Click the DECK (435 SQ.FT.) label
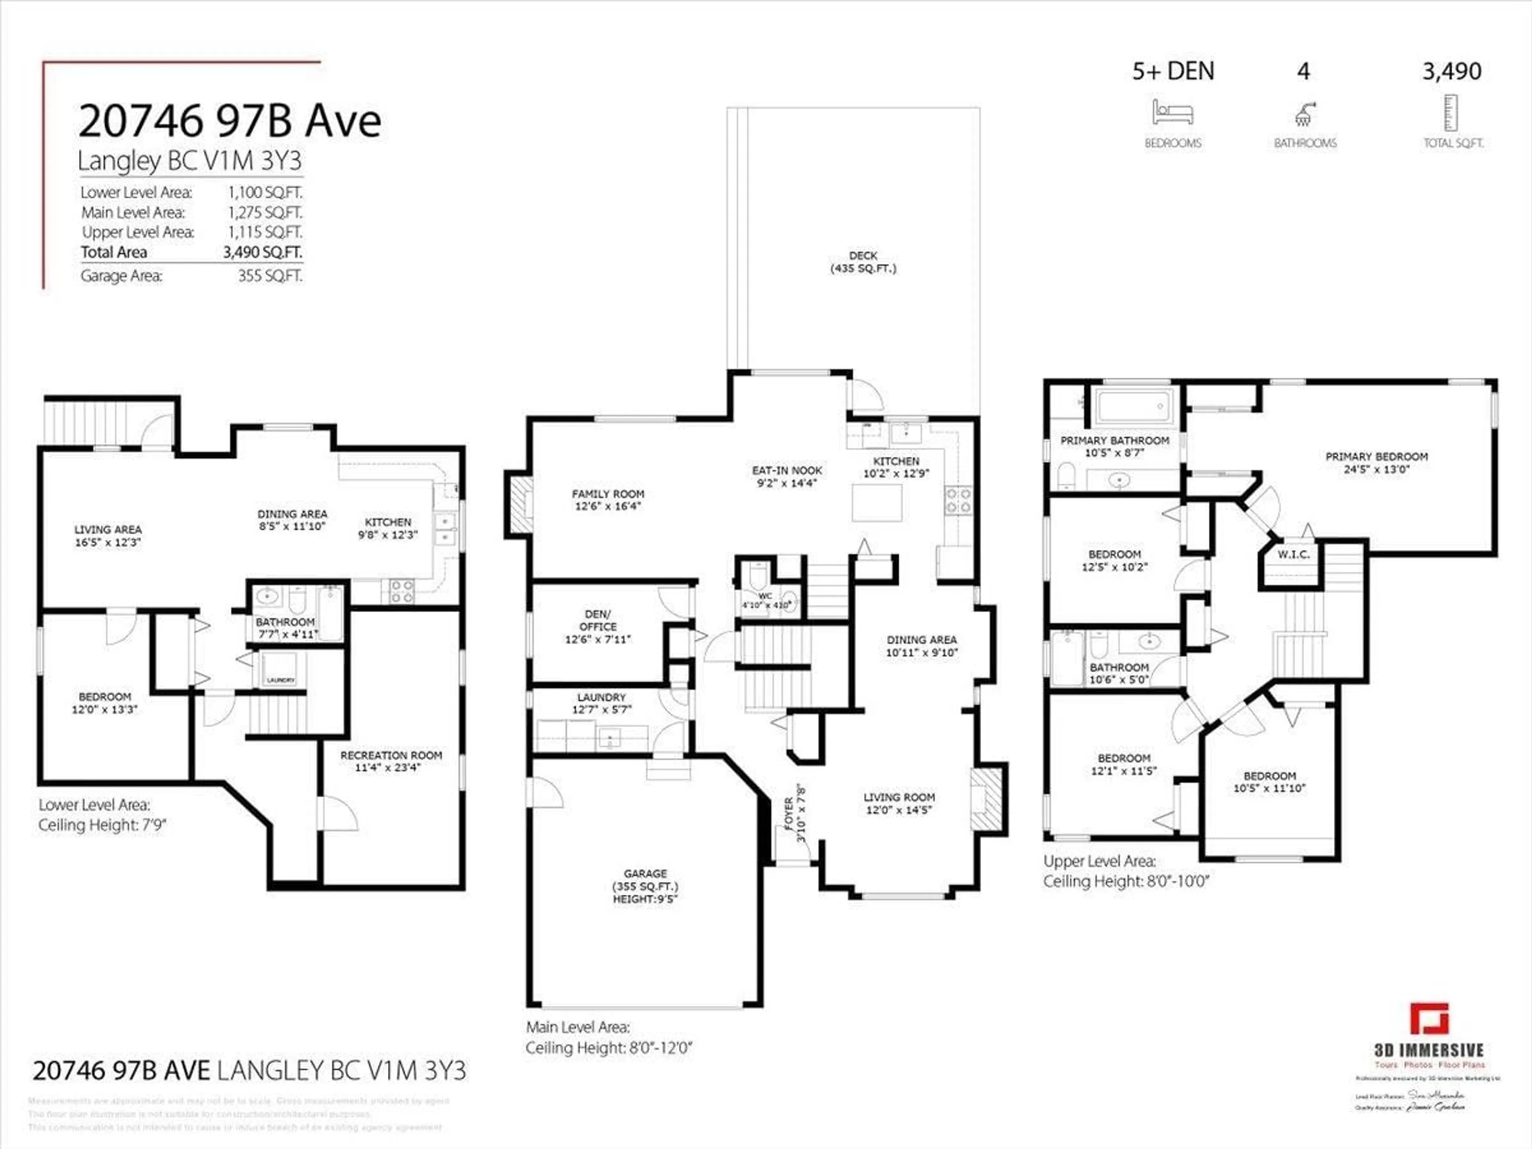coord(863,262)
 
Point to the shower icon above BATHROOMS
coord(1305,113)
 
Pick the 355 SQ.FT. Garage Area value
coord(270,276)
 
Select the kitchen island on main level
coord(877,503)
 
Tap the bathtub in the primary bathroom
coord(1134,406)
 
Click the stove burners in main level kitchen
coord(959,500)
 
